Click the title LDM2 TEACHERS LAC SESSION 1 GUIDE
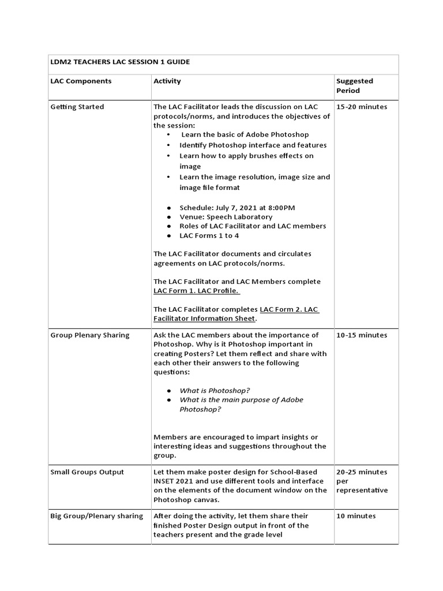click(x=120, y=62)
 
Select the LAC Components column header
click(x=81, y=81)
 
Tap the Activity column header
click(x=167, y=81)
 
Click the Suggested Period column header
click(x=354, y=86)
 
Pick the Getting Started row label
click(x=77, y=107)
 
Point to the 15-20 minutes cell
click(x=362, y=107)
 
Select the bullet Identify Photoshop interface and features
click(x=253, y=145)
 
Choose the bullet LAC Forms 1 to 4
click(x=209, y=235)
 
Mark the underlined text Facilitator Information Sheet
click(x=205, y=319)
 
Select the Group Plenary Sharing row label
click(x=90, y=335)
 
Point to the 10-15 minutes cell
click(x=362, y=335)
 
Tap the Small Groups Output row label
click(x=87, y=472)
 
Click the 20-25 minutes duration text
click(x=362, y=472)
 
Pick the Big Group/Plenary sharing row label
click(x=96, y=516)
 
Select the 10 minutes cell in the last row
click(x=355, y=516)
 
